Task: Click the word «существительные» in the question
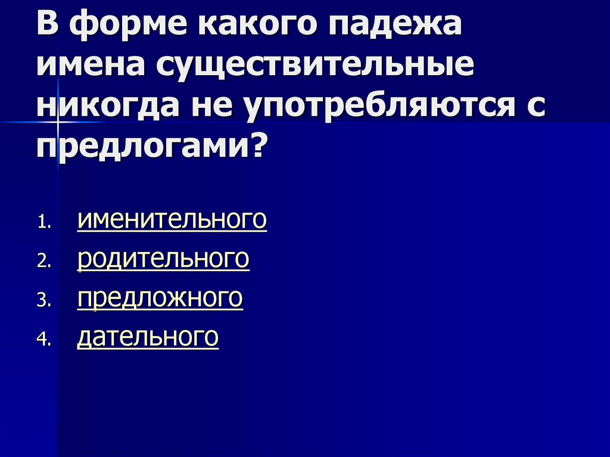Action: tap(316, 67)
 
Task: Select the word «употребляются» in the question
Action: tap(380, 107)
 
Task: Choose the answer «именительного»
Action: tap(172, 220)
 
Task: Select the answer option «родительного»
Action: tap(163, 259)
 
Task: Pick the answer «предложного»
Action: tap(160, 299)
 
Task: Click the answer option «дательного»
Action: tap(148, 337)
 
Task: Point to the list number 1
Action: tap(45, 223)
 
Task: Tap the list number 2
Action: tap(45, 262)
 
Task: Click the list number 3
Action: tap(45, 301)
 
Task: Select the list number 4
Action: tap(45, 340)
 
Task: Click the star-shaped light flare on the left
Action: tap(58, 122)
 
